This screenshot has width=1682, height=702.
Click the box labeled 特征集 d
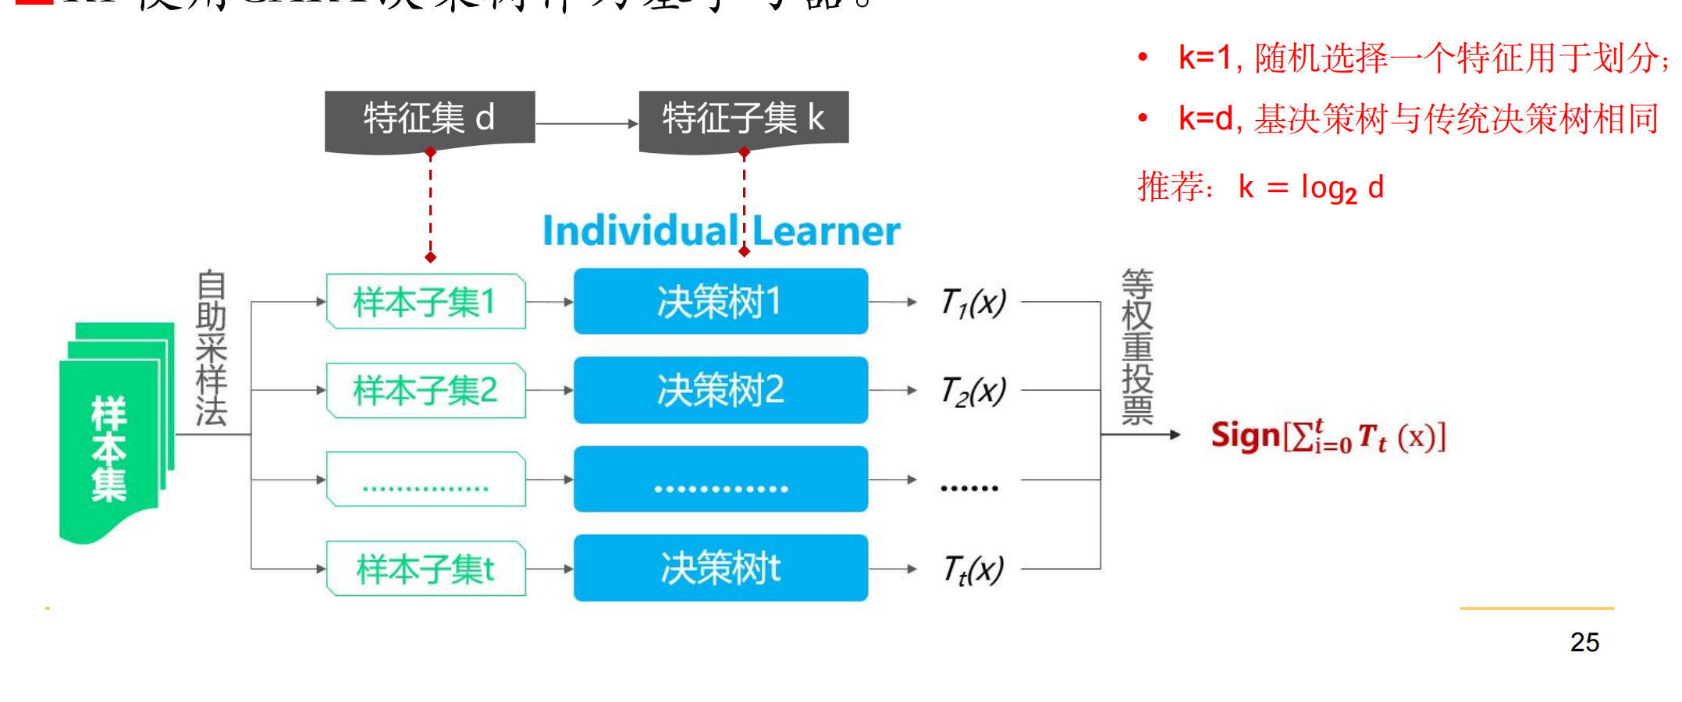click(x=429, y=119)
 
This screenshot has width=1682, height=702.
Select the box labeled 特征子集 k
click(x=743, y=119)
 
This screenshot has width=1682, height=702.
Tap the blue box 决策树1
click(x=720, y=302)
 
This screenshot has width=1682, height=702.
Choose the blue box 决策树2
click(x=720, y=390)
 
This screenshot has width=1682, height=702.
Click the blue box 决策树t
click(x=720, y=568)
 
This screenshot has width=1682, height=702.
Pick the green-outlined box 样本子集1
click(x=425, y=302)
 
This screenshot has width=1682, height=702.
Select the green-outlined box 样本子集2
click(x=425, y=390)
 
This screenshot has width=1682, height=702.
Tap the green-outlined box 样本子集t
click(x=425, y=569)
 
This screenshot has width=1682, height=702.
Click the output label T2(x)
click(x=973, y=391)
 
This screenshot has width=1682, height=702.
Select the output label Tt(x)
click(x=973, y=569)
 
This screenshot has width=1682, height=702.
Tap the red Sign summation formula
click(x=1328, y=437)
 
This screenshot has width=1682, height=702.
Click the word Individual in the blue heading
click(x=640, y=231)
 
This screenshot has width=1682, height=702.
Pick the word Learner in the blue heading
click(x=826, y=231)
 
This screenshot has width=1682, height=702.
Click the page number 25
click(x=1584, y=642)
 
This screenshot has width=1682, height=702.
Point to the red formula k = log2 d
click(x=1310, y=188)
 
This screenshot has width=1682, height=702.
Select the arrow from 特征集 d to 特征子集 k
click(x=587, y=123)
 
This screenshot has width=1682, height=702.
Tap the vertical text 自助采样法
click(x=211, y=348)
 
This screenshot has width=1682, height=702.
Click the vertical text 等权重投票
click(x=1137, y=347)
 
